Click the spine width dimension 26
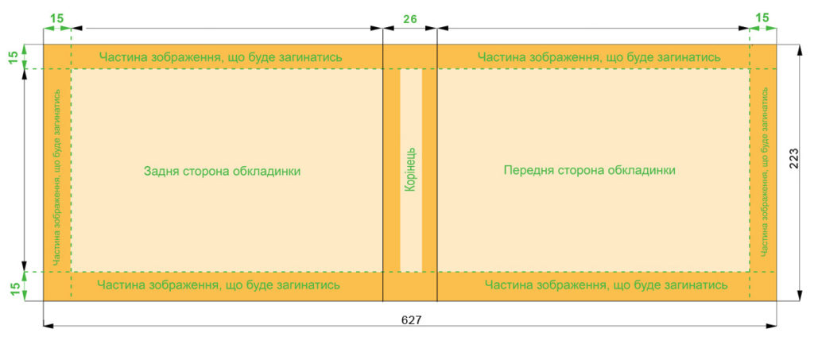pos(409,19)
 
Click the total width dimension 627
pos(411,320)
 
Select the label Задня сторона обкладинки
pos(223,171)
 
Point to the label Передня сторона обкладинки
pos(590,170)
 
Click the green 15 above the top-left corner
pos(57,18)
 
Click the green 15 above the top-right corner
pos(762,18)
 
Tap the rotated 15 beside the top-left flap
pos(16,56)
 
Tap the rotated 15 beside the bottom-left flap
pos(16,286)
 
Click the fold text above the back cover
pos(221,57)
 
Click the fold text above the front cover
pos(599,57)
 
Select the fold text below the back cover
pos(219,285)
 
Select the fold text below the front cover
pos(606,285)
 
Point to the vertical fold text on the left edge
pos(57,177)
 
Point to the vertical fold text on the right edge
pos(764,171)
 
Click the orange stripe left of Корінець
pos(391,170)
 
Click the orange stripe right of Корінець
pos(429,170)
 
